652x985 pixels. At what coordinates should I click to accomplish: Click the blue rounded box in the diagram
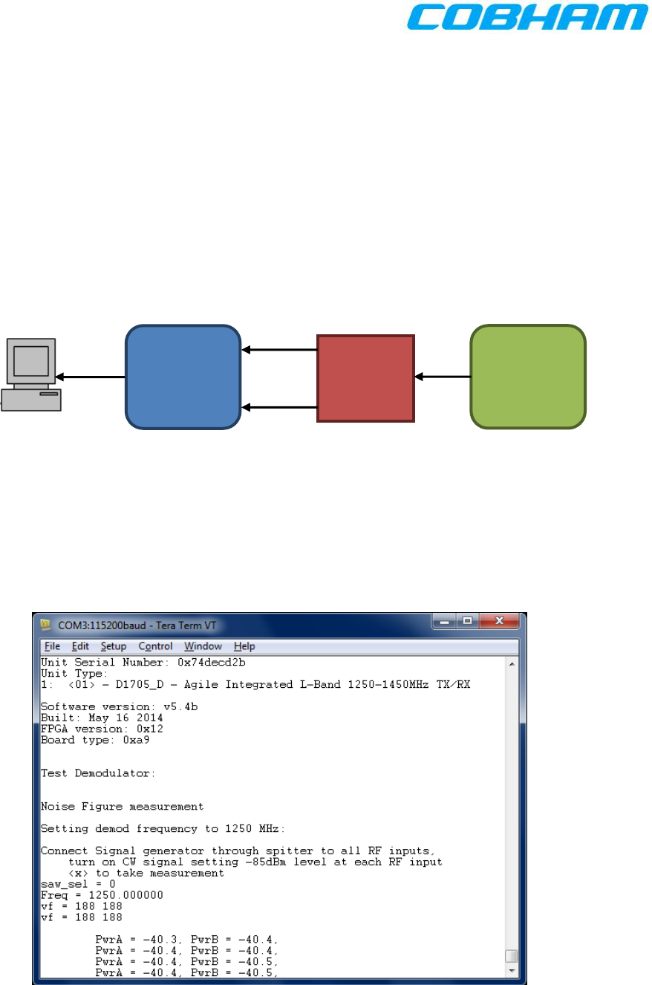[183, 377]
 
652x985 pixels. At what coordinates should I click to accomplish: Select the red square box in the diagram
[365, 378]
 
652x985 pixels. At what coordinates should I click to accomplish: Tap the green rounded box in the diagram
[528, 377]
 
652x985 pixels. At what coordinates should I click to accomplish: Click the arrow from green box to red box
[443, 377]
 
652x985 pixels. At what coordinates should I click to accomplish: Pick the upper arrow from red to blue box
[279, 350]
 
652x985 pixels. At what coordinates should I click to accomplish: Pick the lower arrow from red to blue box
[279, 407]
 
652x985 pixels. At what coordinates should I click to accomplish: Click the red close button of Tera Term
[499, 621]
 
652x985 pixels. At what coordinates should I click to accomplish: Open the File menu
[52, 646]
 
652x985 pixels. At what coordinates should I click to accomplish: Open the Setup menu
[114, 646]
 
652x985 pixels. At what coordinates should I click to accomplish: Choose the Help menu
[244, 646]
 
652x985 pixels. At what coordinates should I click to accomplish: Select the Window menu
[203, 646]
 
